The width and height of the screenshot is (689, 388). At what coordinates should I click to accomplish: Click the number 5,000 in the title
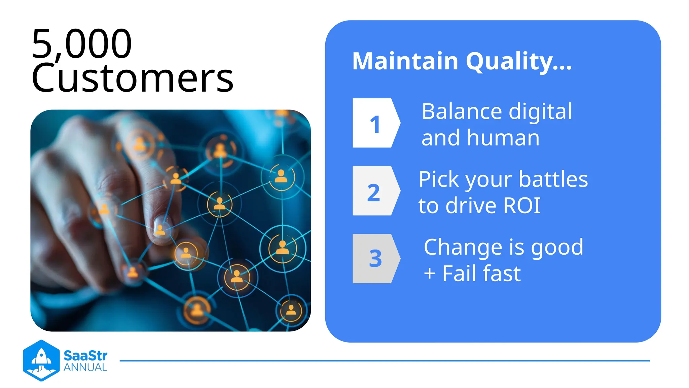click(x=82, y=44)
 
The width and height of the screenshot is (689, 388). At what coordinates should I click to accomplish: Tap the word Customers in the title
click(x=132, y=78)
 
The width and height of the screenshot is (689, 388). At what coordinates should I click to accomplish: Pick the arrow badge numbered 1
click(x=375, y=123)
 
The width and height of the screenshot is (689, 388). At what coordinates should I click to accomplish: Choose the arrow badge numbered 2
click(x=375, y=191)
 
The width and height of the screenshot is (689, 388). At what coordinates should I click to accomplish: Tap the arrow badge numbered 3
click(x=375, y=259)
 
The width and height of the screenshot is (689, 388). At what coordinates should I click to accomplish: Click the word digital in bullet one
click(x=540, y=111)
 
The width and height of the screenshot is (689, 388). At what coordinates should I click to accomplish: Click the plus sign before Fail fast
click(x=430, y=273)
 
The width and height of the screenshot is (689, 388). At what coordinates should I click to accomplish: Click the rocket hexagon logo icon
click(x=41, y=360)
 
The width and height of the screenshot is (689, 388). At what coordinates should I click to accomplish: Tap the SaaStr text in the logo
click(x=85, y=356)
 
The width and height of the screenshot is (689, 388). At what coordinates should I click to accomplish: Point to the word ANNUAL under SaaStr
click(x=85, y=367)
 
